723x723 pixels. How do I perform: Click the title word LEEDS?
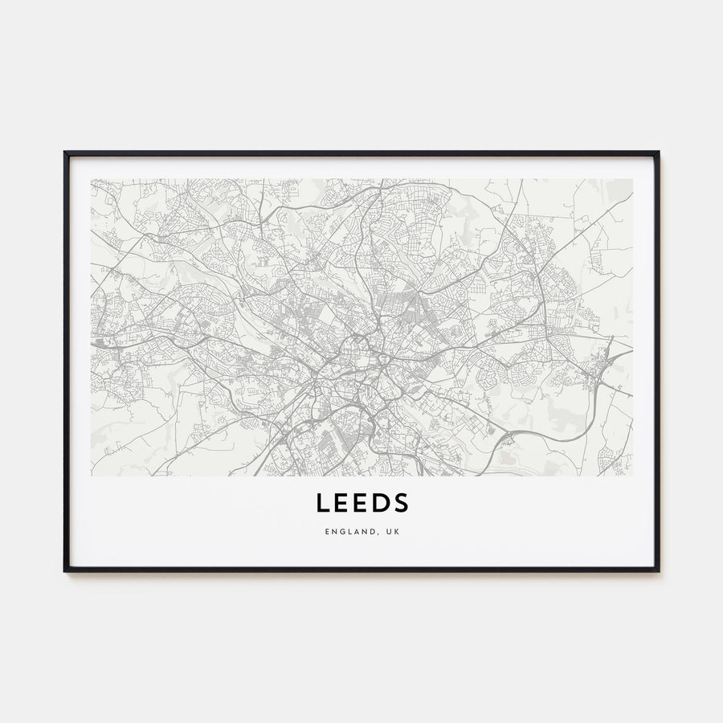click(361, 502)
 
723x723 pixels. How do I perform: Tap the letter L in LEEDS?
click(321, 502)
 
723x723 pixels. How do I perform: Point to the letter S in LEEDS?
click(402, 502)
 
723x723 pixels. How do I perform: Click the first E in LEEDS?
click(341, 502)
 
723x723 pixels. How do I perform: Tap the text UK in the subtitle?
click(392, 532)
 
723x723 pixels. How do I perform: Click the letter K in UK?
click(396, 532)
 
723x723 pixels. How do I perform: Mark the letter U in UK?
click(388, 532)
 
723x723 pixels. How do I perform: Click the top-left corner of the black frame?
click(65, 153)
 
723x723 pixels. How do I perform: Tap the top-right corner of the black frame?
click(658, 153)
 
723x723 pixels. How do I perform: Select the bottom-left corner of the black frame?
click(65, 570)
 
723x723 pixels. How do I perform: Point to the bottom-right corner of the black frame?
click(658, 570)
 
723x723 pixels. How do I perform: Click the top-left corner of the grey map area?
click(92, 179)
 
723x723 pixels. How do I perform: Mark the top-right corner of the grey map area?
click(632, 179)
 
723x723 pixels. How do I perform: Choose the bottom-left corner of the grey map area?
click(92, 476)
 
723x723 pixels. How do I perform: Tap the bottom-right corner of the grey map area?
click(632, 476)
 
